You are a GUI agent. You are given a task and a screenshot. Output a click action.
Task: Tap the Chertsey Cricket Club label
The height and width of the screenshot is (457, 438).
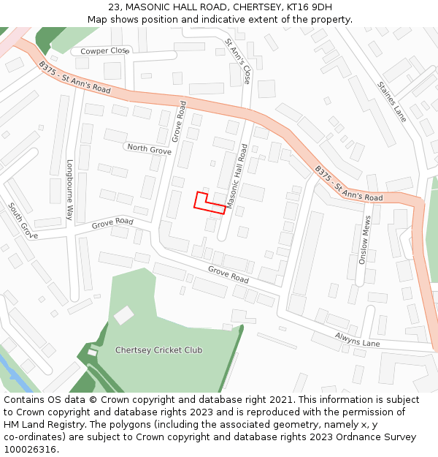point(158,350)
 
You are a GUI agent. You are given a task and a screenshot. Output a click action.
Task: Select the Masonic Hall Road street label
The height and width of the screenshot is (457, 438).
point(237,176)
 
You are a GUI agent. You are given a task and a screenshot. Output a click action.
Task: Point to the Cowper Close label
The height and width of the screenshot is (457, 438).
point(104,50)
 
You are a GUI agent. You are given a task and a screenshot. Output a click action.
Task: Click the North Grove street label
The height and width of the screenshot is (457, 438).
point(149,149)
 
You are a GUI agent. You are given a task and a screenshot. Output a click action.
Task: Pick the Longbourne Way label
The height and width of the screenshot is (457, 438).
point(71,190)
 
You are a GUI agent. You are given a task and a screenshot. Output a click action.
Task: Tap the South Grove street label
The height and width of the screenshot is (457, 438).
point(23,221)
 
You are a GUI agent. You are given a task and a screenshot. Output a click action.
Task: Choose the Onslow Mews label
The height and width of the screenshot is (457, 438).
point(367,240)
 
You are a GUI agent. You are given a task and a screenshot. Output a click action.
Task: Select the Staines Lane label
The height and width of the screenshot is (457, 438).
point(392,101)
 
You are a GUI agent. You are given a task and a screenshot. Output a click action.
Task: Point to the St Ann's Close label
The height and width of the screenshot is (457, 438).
point(238,61)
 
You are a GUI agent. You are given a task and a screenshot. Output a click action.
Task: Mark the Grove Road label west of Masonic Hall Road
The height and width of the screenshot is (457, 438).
point(112,222)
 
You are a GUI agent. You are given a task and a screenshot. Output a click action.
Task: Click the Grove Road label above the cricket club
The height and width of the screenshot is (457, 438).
point(228,275)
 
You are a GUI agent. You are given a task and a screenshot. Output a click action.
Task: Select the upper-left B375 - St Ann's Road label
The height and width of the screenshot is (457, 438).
point(74,79)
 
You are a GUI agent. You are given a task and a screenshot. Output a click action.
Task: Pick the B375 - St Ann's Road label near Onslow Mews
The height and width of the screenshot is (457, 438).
point(348,184)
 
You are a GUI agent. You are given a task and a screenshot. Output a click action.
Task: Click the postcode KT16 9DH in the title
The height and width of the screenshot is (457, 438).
point(310,7)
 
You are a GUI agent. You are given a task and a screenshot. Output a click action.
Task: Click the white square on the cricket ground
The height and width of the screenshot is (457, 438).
point(124,316)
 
